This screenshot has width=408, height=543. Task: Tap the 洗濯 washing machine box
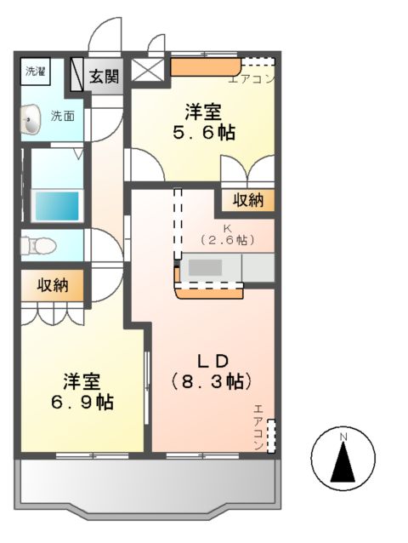point(35,71)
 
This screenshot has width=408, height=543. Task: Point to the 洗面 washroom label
point(61,115)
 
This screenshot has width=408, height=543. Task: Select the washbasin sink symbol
point(31,120)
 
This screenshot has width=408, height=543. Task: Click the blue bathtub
point(55,204)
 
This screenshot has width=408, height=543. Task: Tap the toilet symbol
point(38,246)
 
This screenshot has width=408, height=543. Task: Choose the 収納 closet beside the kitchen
point(244,201)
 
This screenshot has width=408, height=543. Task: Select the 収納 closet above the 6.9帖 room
point(53,286)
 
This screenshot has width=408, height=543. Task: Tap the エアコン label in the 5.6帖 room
point(252,81)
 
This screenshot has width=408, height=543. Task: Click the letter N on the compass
point(343,437)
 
